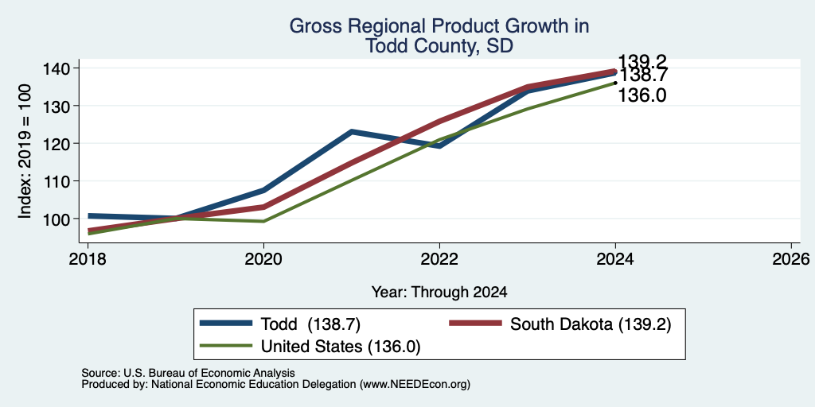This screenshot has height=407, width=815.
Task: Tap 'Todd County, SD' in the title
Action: coord(439,45)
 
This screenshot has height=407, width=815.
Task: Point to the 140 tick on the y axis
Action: coord(59,68)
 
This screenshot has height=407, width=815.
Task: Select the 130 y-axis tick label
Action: coord(59,106)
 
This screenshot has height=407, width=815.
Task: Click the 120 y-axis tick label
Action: coord(59,143)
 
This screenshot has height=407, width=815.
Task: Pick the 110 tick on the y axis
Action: coord(59,181)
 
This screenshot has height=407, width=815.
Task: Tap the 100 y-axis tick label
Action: coord(59,219)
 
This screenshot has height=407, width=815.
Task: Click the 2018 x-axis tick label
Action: coord(88,258)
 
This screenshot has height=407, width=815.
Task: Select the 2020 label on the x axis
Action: coord(263,258)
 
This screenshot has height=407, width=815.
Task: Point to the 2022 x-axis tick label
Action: coord(439,258)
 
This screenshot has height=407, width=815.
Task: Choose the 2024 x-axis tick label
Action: coord(615,258)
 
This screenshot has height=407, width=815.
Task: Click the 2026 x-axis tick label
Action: coord(791,258)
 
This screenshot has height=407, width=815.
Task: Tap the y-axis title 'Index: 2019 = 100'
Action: coord(25,151)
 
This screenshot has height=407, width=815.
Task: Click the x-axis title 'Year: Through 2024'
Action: coord(439,293)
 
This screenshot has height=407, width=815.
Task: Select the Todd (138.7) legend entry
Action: coord(281,324)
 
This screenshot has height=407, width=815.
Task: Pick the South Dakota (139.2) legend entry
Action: coord(560,324)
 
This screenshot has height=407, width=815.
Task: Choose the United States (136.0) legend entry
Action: coord(310,347)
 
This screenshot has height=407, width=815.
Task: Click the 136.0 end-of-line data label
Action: coord(642,95)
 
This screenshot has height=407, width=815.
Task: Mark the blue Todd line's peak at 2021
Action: coord(352,132)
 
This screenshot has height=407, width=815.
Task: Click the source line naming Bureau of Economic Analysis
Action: coord(188,373)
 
